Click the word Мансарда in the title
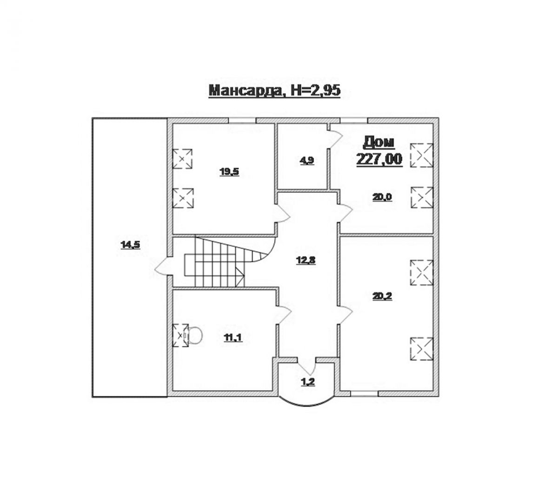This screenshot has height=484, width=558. tap(246, 91)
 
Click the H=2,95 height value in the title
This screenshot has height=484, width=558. tap(315, 90)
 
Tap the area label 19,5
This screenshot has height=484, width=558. tap(229, 172)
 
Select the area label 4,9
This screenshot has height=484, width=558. tap(307, 161)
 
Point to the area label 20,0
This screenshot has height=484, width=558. tap(382, 197)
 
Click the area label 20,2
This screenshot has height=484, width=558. tap(382, 296)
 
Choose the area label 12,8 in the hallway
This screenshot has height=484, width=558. tap(306, 261)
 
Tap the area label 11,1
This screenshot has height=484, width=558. tap(233, 337)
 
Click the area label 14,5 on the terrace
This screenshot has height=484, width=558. tap(130, 245)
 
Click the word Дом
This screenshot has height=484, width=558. tap(379, 143)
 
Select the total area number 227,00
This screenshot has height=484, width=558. tap(379, 159)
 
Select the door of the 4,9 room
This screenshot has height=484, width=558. tap(335, 139)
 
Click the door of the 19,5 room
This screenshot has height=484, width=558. tap(283, 214)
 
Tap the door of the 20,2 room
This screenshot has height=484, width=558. tap(345, 314)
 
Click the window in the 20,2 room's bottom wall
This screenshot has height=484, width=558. tap(365, 394)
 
